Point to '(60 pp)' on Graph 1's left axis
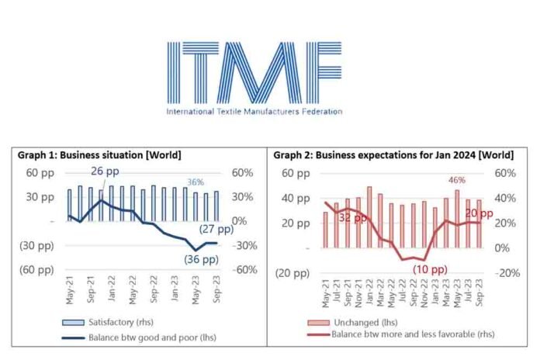34,270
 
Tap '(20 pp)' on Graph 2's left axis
289,272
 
